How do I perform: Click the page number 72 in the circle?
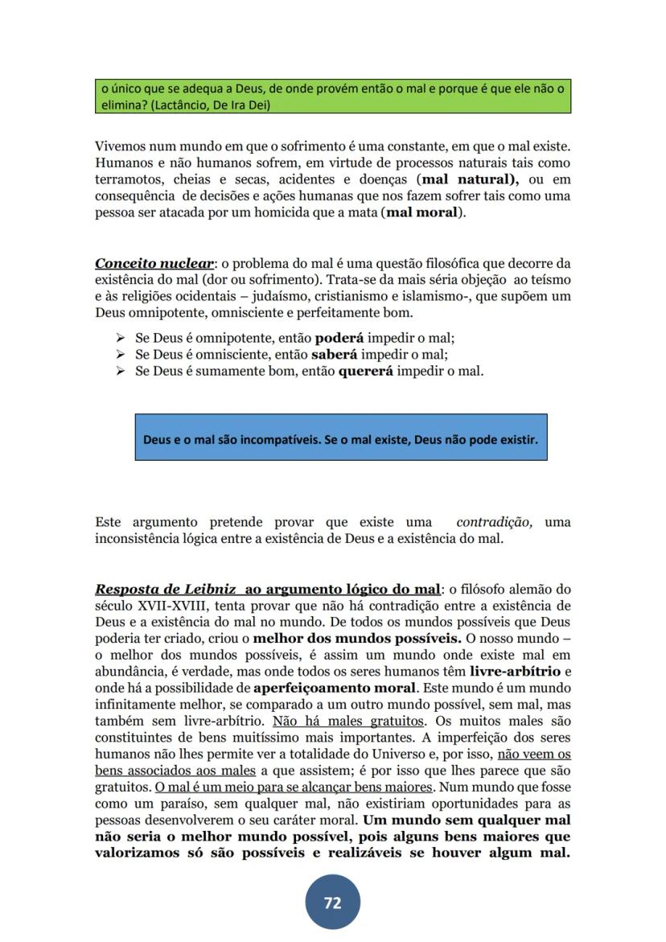(x=332, y=903)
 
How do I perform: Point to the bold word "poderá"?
(x=339, y=338)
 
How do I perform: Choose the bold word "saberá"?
(x=335, y=354)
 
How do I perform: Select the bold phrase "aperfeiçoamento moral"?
(x=335, y=688)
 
